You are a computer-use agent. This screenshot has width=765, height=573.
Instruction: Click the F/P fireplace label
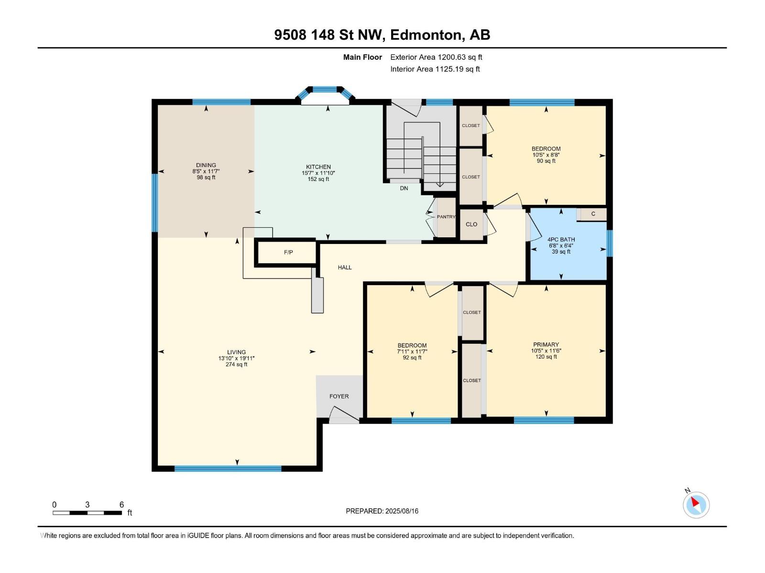288,252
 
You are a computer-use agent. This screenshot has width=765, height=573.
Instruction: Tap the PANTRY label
446,217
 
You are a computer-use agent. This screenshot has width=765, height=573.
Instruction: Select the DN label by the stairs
404,188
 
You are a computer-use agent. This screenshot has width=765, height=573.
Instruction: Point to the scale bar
87,513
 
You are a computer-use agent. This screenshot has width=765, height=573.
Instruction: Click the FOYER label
339,396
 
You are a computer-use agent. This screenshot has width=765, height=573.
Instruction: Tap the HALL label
344,267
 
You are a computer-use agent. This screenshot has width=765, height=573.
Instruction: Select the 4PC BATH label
561,239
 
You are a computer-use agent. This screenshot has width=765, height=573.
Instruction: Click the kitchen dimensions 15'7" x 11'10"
318,173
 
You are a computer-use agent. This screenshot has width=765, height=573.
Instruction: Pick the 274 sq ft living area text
236,364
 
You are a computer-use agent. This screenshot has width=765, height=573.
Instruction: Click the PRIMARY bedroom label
546,344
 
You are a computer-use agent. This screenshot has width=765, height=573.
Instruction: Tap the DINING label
206,165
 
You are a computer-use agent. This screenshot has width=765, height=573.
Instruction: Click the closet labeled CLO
471,224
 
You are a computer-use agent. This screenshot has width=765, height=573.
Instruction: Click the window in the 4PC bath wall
610,243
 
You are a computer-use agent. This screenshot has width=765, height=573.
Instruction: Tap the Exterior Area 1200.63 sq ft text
436,57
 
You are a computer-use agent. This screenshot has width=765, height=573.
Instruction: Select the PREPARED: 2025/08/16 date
382,511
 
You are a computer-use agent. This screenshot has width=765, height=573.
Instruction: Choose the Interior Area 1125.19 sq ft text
435,69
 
